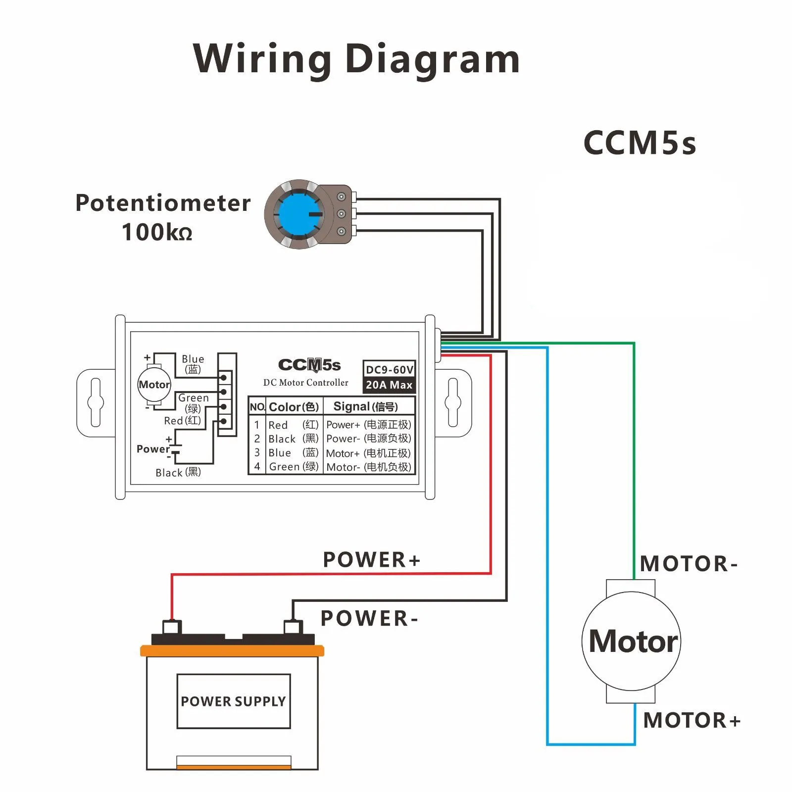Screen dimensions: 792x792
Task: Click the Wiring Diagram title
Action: (356, 59)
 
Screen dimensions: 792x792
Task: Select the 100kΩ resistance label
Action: (157, 232)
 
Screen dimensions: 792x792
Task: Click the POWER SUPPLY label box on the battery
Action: (234, 701)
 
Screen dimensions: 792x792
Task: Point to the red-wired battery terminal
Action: (172, 627)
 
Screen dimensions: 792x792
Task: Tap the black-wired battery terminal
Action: (293, 627)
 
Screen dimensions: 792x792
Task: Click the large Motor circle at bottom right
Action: (632, 642)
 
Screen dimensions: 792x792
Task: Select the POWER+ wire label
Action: (372, 560)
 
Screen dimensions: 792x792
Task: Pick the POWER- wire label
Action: (369, 619)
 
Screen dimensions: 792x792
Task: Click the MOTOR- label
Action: (689, 564)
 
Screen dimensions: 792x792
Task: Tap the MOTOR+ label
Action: (692, 720)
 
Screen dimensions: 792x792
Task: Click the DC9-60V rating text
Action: (389, 370)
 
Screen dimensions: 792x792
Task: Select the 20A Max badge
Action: (389, 385)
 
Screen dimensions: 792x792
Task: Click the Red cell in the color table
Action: (294, 425)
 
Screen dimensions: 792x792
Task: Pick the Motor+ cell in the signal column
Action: (369, 453)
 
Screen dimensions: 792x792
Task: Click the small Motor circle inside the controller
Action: (154, 385)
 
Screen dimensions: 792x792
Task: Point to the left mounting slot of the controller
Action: (96, 402)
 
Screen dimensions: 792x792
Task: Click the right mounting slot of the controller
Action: (453, 402)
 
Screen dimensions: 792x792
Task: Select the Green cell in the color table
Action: (294, 466)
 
